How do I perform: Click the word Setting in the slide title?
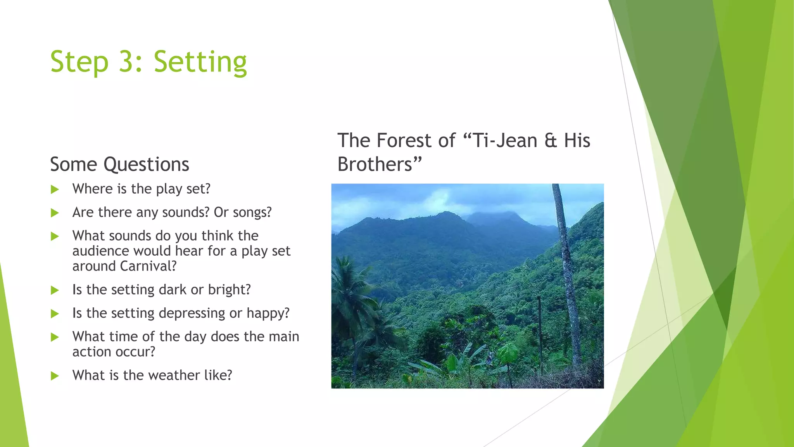point(200,62)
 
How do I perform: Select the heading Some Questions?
point(119,164)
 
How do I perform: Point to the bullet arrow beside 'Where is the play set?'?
point(55,189)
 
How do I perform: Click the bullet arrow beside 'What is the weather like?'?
point(55,376)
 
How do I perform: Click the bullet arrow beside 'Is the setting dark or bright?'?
point(55,290)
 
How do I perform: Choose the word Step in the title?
point(79,62)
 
